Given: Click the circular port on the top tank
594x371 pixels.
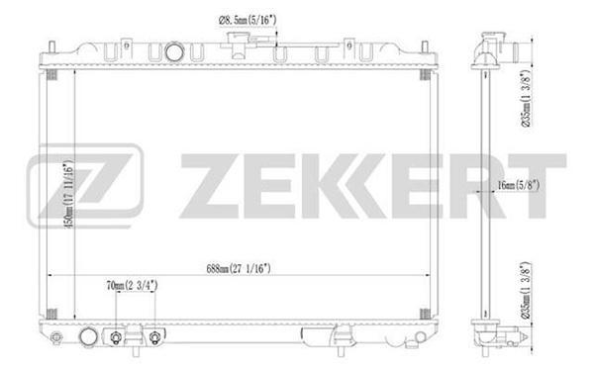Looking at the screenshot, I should click(x=175, y=51).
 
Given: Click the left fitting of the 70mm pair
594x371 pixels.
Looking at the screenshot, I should click(x=119, y=338).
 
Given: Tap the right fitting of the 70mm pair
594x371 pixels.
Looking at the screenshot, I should click(x=155, y=338).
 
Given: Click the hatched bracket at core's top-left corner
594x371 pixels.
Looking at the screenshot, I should click(x=52, y=78).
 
